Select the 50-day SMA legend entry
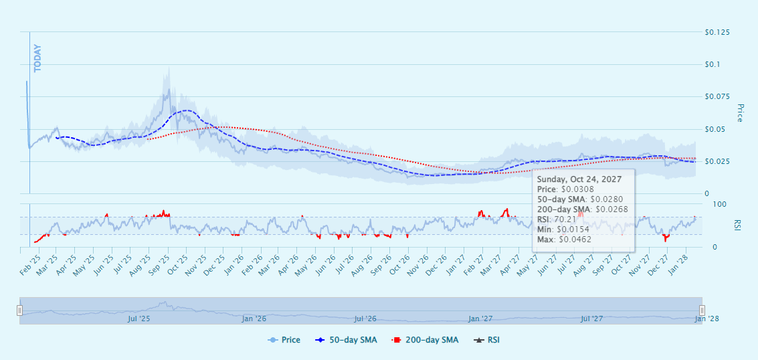click(x=347, y=340)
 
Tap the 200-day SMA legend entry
click(x=426, y=340)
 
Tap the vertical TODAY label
click(x=37, y=58)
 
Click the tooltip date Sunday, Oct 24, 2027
click(x=580, y=179)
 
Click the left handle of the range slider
click(x=20, y=310)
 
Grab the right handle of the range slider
click(x=702, y=310)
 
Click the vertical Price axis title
click(x=740, y=112)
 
